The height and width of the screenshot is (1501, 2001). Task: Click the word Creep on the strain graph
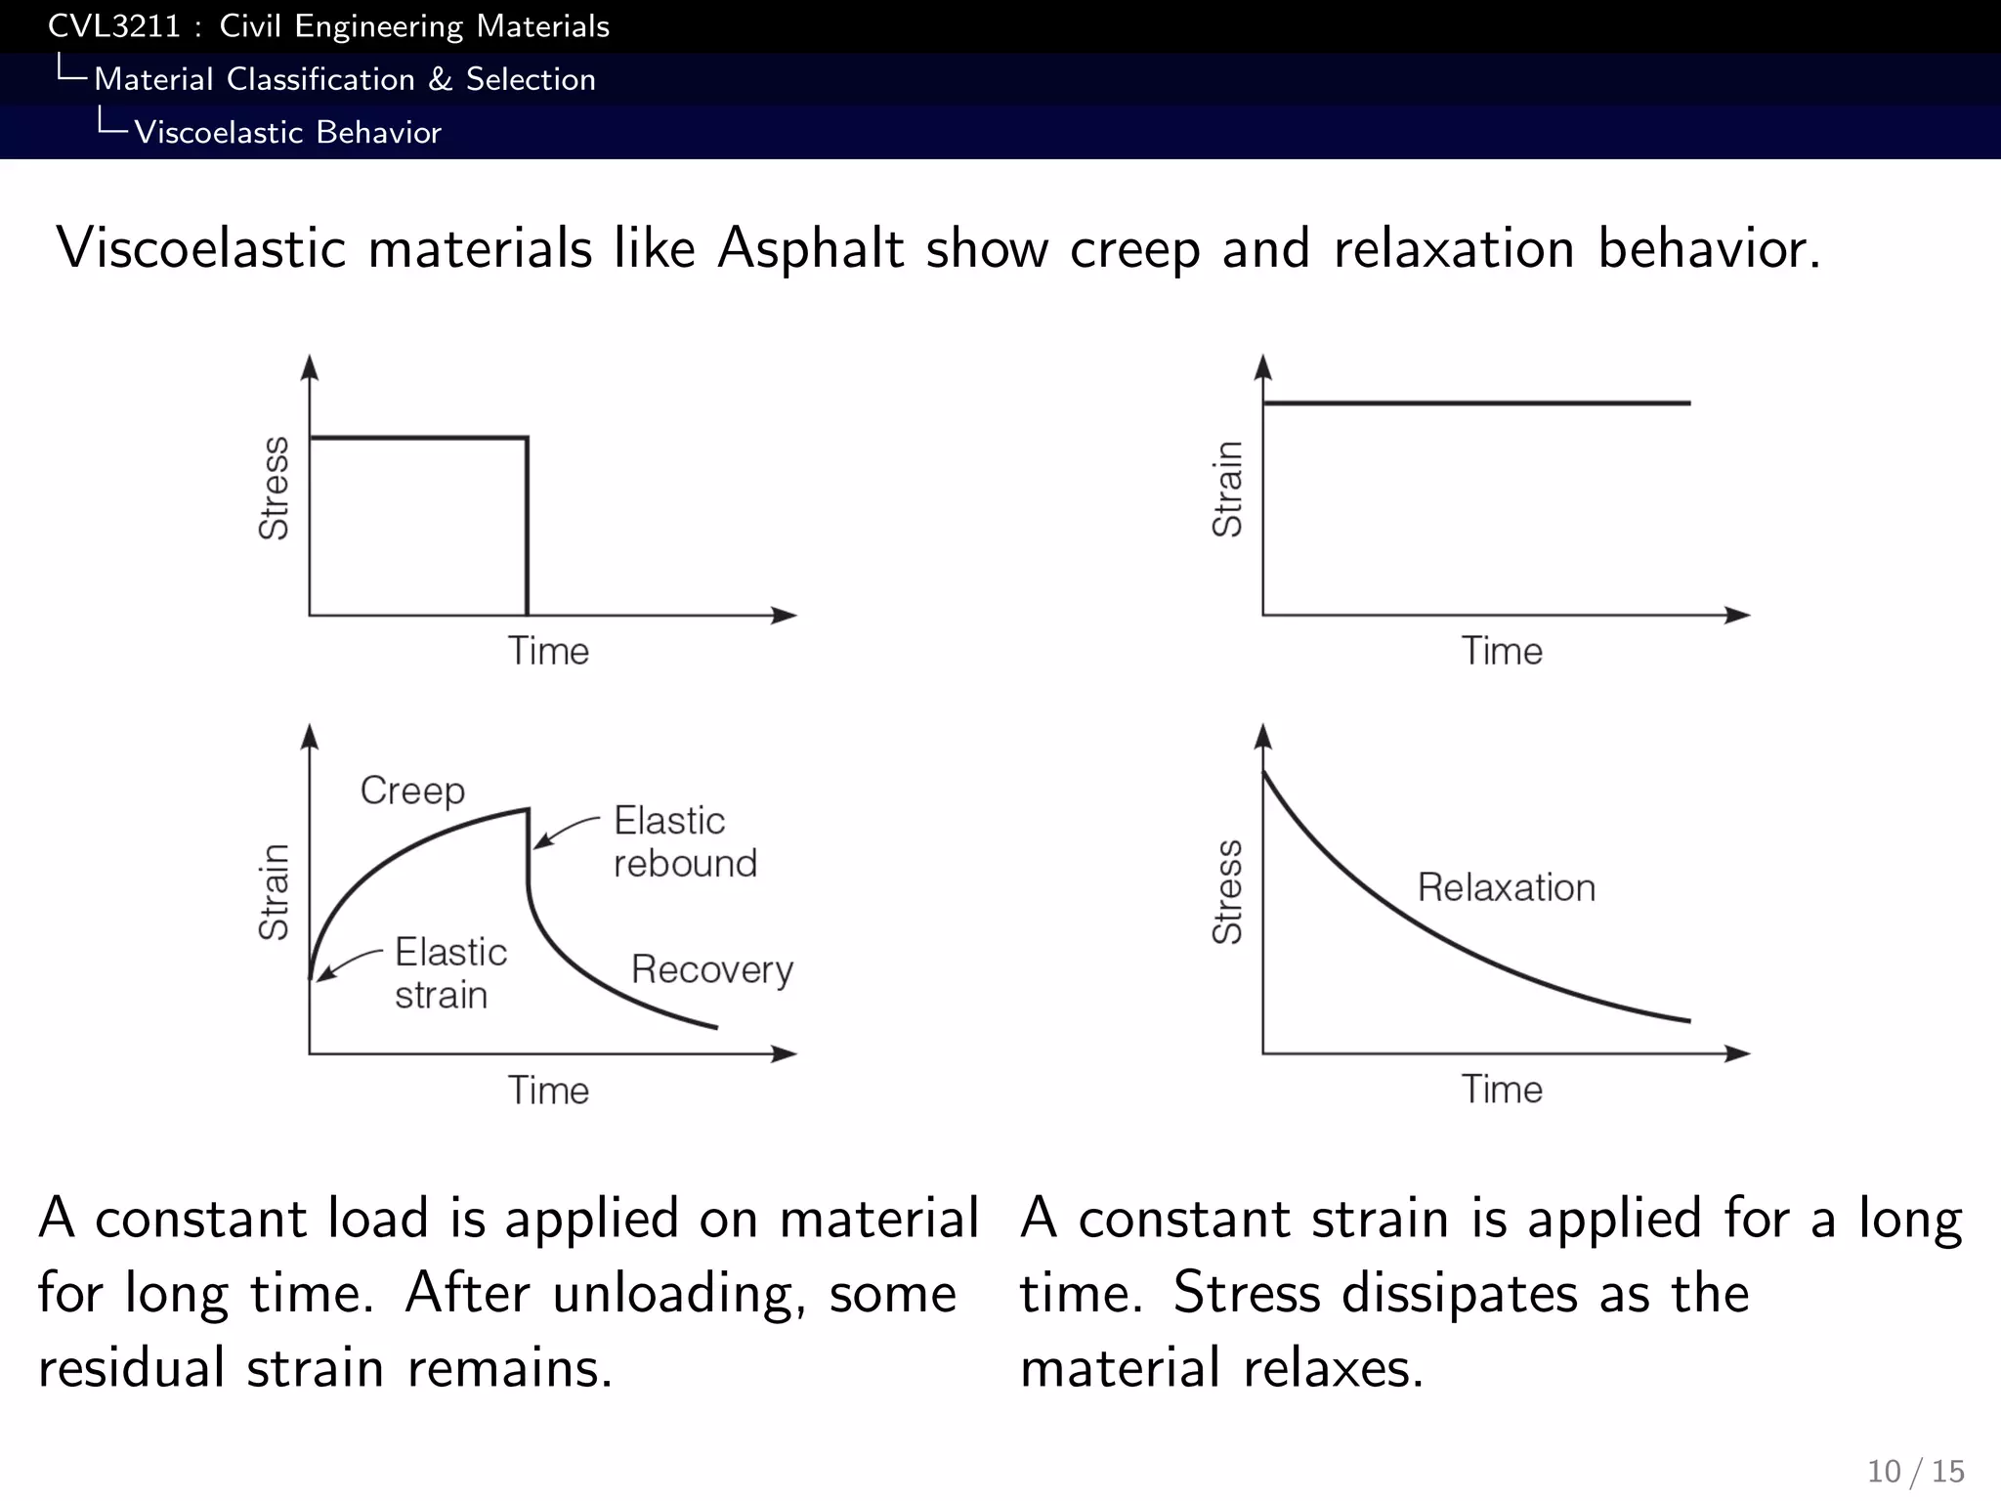coord(412,791)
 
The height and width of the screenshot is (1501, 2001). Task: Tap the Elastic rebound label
coord(684,841)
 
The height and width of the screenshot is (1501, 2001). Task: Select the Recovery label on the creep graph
coord(712,969)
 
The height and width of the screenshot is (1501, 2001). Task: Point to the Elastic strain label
coord(450,973)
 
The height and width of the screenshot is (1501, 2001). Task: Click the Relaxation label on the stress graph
coord(1506,887)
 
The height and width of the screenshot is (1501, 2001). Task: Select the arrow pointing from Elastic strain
coord(347,963)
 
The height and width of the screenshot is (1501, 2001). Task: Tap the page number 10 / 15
coord(1915,1471)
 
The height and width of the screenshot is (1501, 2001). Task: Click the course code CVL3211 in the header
coord(114,26)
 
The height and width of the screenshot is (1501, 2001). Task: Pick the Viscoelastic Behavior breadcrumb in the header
coord(287,132)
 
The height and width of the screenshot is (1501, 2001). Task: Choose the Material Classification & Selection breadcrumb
coord(345,79)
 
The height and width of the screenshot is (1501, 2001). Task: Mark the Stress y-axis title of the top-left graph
coord(274,488)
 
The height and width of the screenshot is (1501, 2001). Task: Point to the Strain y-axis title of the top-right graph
coord(1227,488)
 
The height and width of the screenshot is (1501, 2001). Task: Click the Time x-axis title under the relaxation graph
coord(1502,1090)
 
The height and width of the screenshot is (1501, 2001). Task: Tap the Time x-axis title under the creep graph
coord(548,1091)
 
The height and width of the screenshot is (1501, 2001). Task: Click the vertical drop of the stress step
coord(528,528)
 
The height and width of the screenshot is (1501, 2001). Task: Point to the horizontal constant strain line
coord(1475,403)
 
